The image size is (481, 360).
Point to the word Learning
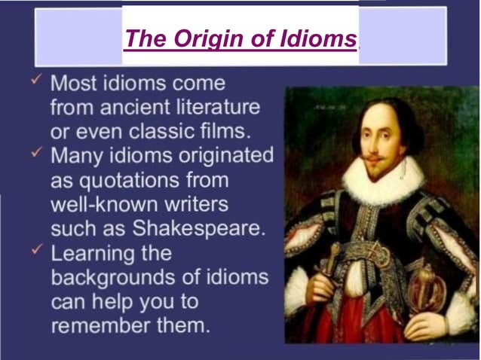(97, 253)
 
